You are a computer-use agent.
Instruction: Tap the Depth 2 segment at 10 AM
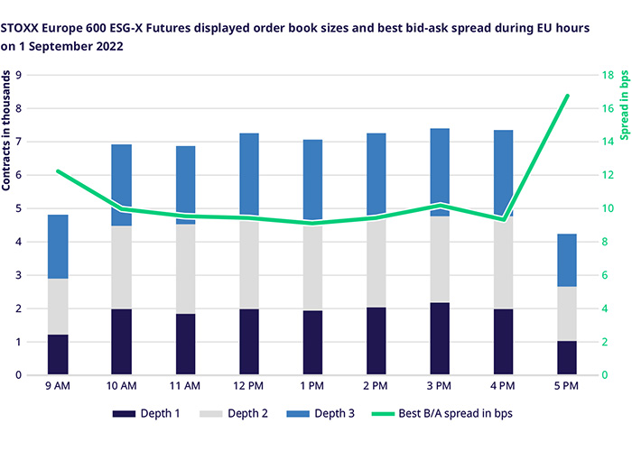pos(123,267)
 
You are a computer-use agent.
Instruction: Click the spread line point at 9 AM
pos(59,170)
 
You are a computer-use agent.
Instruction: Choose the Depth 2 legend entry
pos(235,413)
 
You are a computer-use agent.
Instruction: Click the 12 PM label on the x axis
pos(250,386)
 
